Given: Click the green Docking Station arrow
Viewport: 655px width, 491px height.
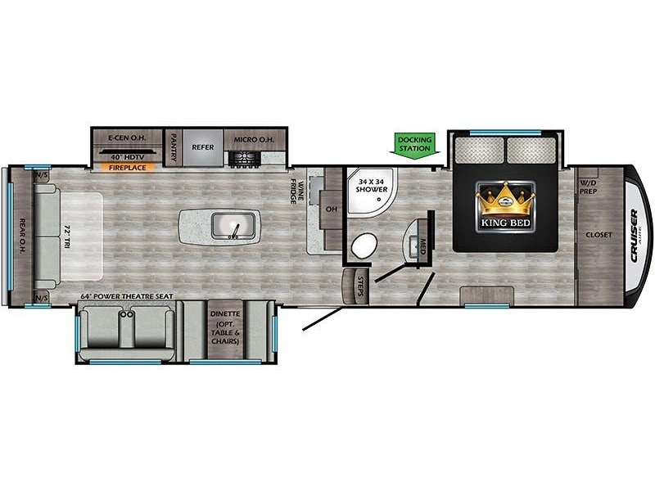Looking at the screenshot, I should pos(415,144).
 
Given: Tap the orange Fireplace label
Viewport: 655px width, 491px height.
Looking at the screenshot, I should pos(128,168).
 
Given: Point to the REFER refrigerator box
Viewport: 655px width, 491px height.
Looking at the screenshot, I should pos(202,147).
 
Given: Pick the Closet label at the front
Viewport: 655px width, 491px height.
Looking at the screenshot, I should pos(598,235).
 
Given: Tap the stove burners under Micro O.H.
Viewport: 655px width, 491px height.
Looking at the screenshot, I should pos(242,160).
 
